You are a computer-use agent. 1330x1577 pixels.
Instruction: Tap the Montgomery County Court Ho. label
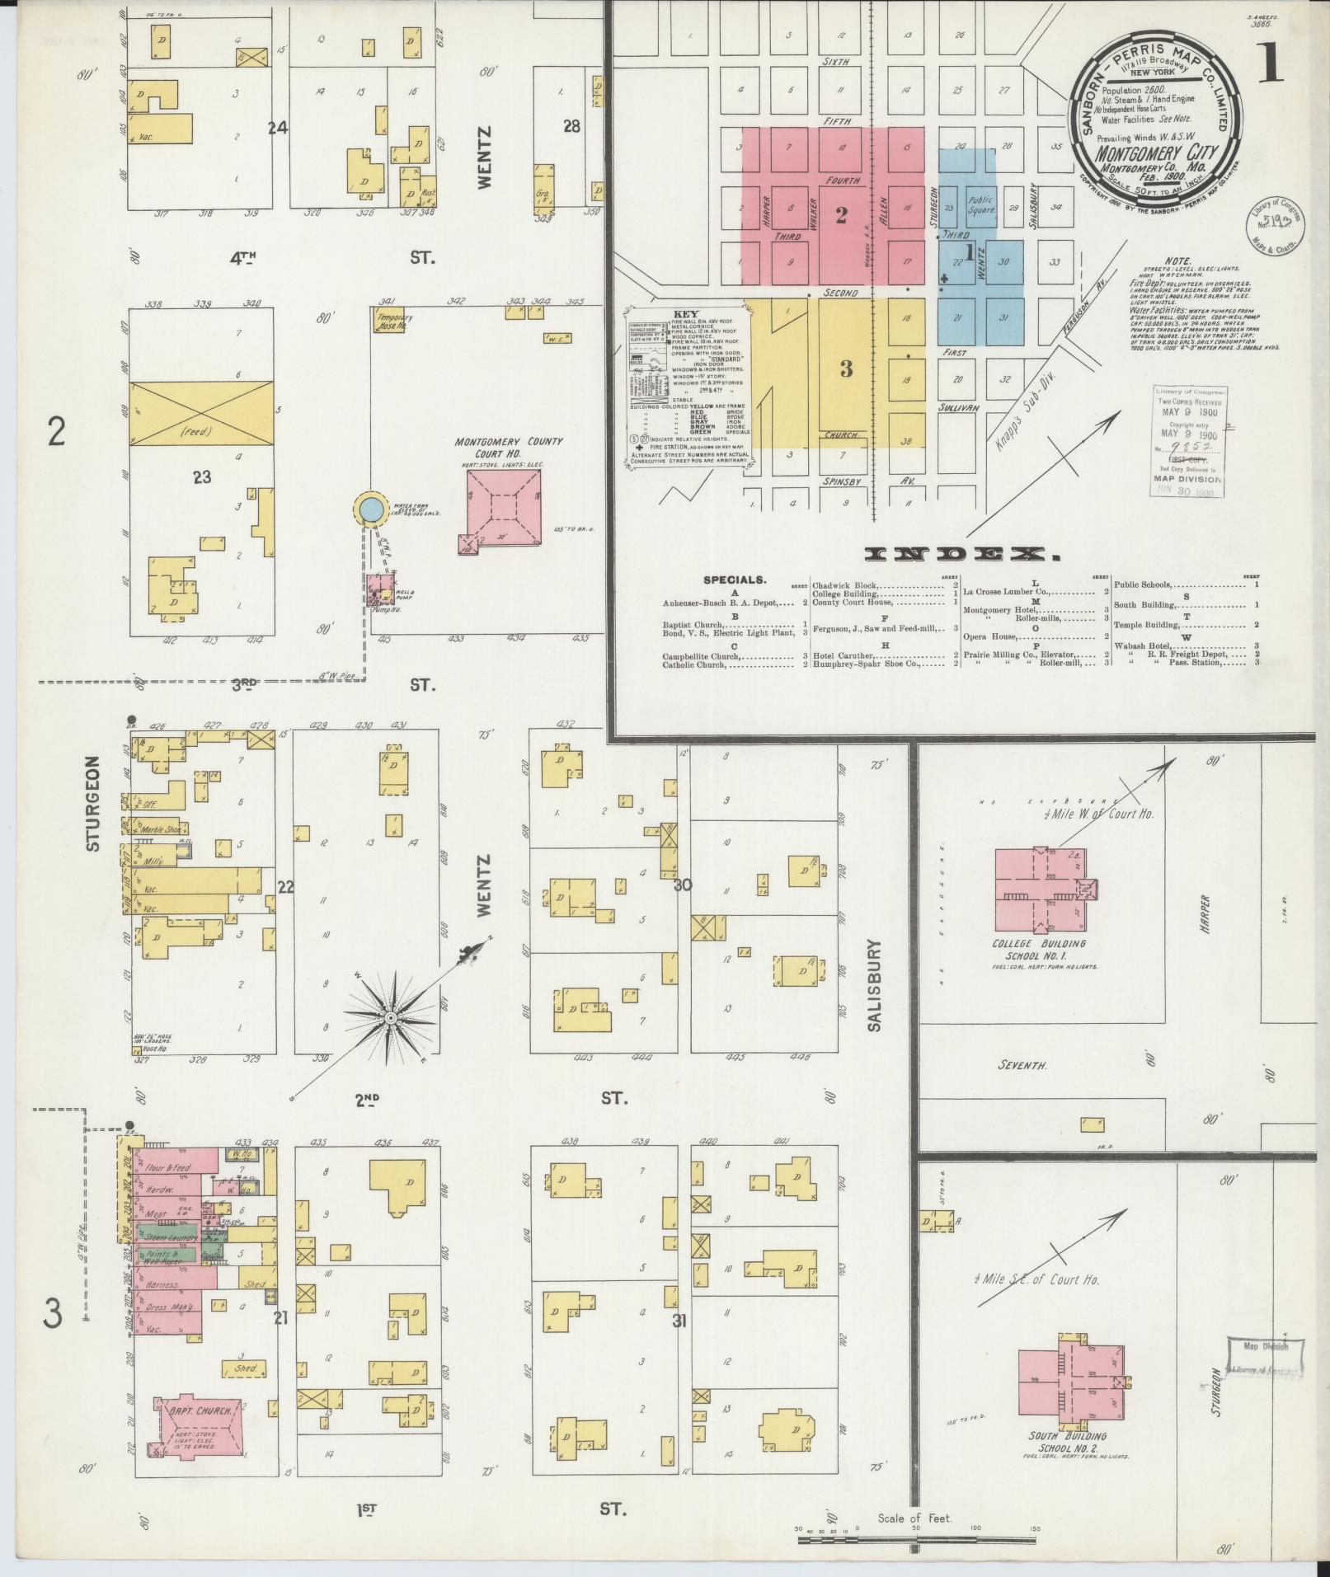click(x=509, y=448)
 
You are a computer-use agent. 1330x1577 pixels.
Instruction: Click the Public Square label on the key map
click(x=981, y=204)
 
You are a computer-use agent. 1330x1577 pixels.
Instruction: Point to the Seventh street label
click(x=1022, y=1065)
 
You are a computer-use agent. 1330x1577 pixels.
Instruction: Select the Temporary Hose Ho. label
click(x=394, y=322)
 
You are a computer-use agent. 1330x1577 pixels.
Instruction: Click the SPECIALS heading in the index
click(x=735, y=580)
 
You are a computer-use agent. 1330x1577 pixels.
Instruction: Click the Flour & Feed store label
click(x=167, y=1168)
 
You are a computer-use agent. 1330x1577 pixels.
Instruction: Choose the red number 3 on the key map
click(x=846, y=368)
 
